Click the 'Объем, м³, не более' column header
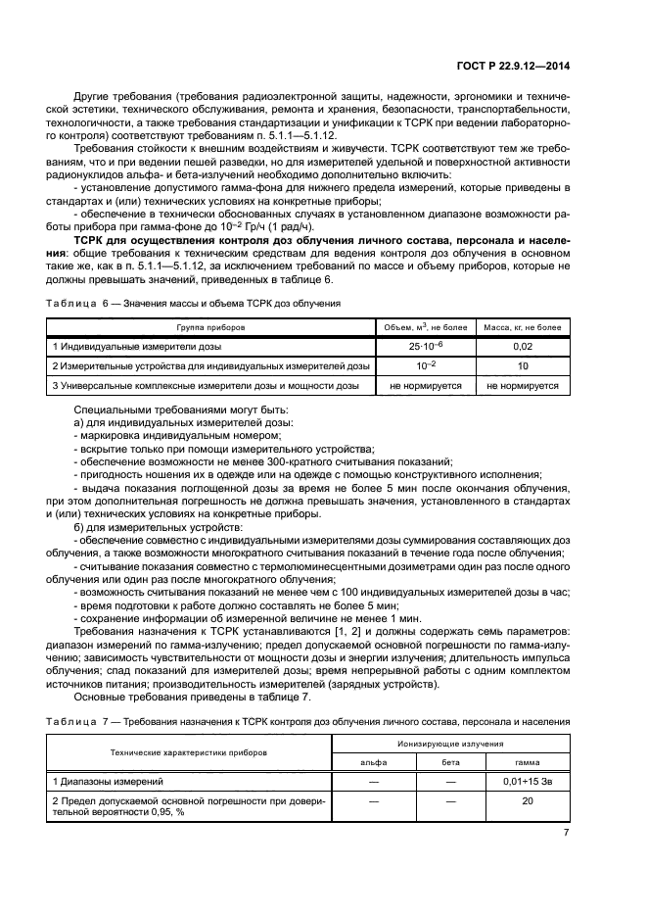(x=429, y=326)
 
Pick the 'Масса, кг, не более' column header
(x=524, y=326)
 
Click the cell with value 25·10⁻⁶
(x=429, y=346)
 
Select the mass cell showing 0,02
(x=524, y=346)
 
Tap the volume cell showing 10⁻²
(x=429, y=365)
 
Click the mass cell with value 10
(x=524, y=365)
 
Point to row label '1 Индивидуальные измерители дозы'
(x=137, y=346)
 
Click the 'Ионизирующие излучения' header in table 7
(x=450, y=746)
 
